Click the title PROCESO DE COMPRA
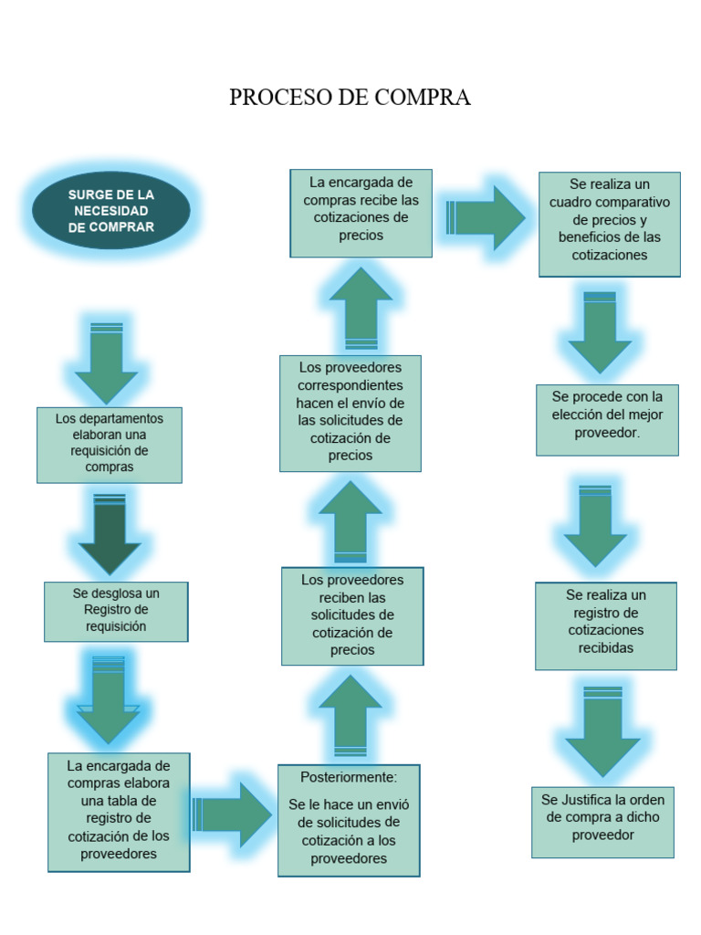click(x=350, y=98)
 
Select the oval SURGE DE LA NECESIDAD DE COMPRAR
click(x=111, y=211)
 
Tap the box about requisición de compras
click(x=110, y=444)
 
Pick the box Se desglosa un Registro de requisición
click(x=115, y=611)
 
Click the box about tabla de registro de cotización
click(x=119, y=811)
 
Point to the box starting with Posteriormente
click(x=349, y=819)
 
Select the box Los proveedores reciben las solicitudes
click(x=352, y=615)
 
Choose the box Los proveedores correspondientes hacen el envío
click(x=350, y=413)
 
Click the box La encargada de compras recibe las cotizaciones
click(x=361, y=212)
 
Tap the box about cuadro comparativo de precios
click(x=610, y=224)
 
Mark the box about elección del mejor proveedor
click(x=607, y=419)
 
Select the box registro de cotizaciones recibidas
click(x=606, y=625)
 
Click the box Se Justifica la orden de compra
click(x=602, y=821)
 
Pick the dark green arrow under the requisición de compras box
click(x=110, y=534)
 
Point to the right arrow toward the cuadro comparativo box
click(x=486, y=217)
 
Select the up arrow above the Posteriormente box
click(x=350, y=716)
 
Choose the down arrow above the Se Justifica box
click(x=602, y=730)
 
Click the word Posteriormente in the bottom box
click(x=349, y=777)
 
